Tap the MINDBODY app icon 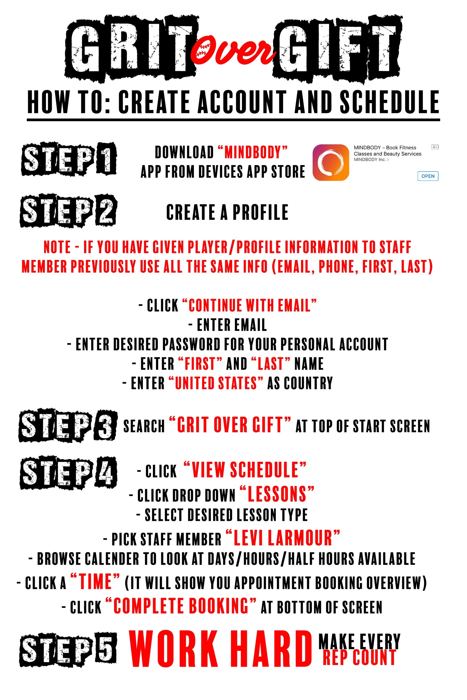(331, 162)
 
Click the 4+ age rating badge (434, 147)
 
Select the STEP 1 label (69, 159)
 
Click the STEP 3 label (68, 426)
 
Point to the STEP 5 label (68, 650)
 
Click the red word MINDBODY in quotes (253, 152)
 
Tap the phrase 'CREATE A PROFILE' (227, 212)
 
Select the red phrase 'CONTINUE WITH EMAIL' (249, 305)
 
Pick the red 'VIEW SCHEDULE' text (245, 470)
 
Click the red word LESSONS (277, 494)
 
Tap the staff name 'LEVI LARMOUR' (283, 538)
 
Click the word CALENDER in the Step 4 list (112, 559)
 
